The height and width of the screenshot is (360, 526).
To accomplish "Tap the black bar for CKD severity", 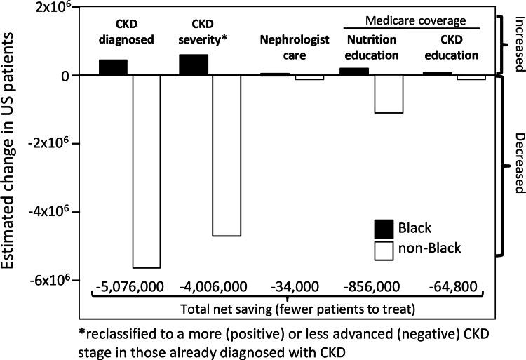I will click(x=194, y=65).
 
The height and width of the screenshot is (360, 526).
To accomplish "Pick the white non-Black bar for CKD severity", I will click(x=227, y=155).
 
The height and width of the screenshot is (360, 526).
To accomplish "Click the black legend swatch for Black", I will click(x=385, y=228).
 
